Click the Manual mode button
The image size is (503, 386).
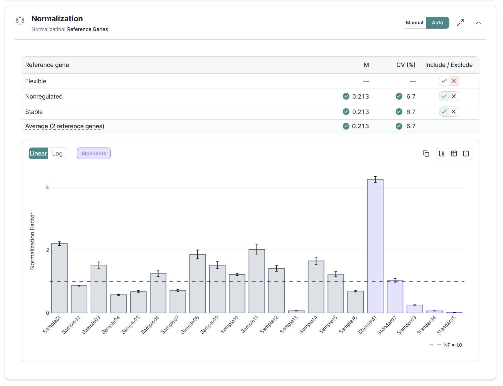(414, 23)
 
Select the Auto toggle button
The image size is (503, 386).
(437, 23)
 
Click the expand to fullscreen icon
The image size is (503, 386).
(460, 23)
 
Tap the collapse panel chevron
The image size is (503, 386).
(478, 23)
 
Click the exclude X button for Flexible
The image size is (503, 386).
(454, 81)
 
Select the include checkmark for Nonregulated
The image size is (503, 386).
(444, 96)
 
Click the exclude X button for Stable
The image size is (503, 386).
(454, 112)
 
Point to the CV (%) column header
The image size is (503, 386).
(405, 65)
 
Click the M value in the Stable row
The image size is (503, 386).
(360, 112)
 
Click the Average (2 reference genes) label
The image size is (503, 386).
(65, 126)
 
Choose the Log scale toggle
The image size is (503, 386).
(57, 154)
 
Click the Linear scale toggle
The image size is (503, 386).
(38, 154)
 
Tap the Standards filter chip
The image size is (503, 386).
(94, 154)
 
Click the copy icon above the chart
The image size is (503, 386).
(426, 154)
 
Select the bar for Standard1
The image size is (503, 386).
(375, 246)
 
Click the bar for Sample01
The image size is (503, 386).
(59, 278)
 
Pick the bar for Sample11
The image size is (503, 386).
(257, 281)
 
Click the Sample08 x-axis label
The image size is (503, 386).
(190, 324)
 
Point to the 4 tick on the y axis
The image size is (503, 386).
(47, 188)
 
